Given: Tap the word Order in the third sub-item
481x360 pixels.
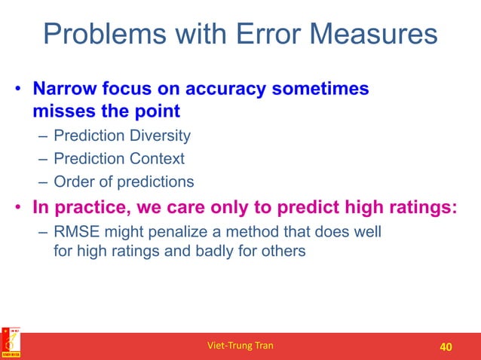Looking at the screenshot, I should point(72,182).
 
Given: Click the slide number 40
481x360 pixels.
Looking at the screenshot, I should point(445,346).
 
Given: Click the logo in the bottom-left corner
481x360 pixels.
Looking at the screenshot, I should point(11,343).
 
